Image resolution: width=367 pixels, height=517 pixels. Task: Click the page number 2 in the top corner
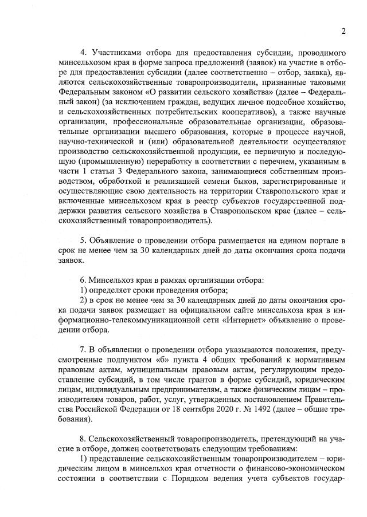click(343, 31)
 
